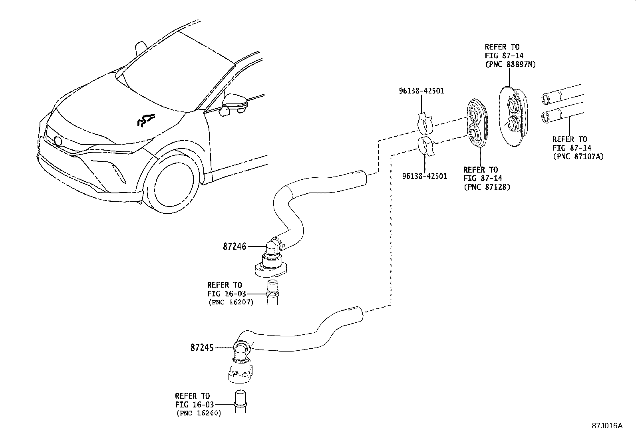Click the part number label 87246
pos(235,247)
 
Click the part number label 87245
pos(202,348)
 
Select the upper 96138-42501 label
pos(421,91)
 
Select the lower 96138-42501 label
pos(425,176)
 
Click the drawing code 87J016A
pos(607,426)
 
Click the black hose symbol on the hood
pos(145,120)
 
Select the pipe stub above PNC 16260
pos(240,399)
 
